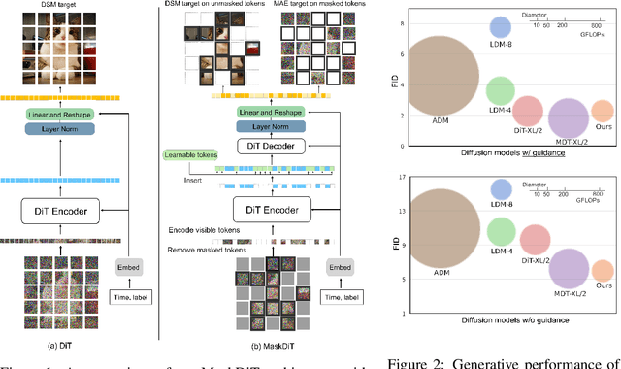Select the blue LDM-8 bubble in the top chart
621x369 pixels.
coord(501,27)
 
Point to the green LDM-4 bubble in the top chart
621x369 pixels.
coord(501,90)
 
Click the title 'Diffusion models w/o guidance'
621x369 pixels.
coord(501,319)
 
